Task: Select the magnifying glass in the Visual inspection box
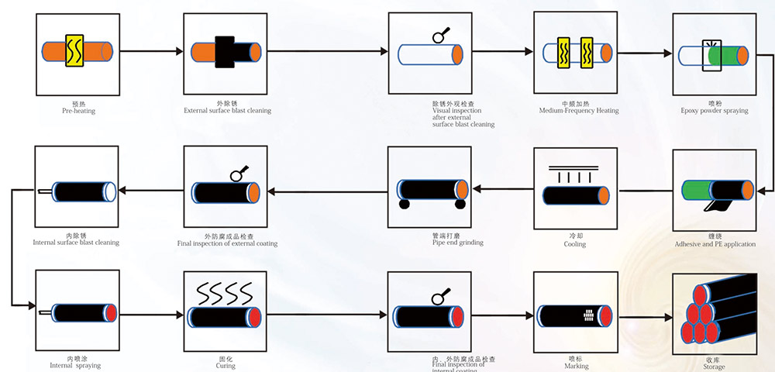(x=439, y=34)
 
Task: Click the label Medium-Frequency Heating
(x=579, y=111)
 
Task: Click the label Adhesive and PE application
(x=715, y=244)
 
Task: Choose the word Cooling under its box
(x=575, y=244)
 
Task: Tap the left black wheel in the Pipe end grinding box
(x=404, y=205)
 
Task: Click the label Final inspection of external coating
(x=227, y=243)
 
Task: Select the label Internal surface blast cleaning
(x=76, y=243)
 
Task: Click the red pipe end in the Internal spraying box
(x=111, y=313)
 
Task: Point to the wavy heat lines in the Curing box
(x=226, y=292)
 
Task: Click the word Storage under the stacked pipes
(x=715, y=367)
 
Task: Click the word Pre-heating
(x=78, y=111)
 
